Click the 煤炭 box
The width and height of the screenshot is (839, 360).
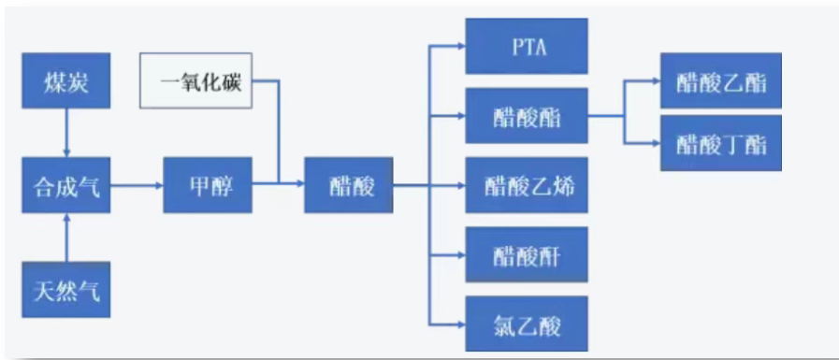pos(65,81)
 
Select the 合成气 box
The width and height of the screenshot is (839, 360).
pos(65,187)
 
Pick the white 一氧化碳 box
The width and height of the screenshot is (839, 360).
pos(201,81)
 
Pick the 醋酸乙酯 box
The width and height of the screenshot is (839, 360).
pos(720,82)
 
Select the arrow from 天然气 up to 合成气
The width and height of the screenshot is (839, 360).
pos(65,238)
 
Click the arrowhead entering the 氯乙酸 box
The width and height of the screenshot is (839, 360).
pos(461,324)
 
